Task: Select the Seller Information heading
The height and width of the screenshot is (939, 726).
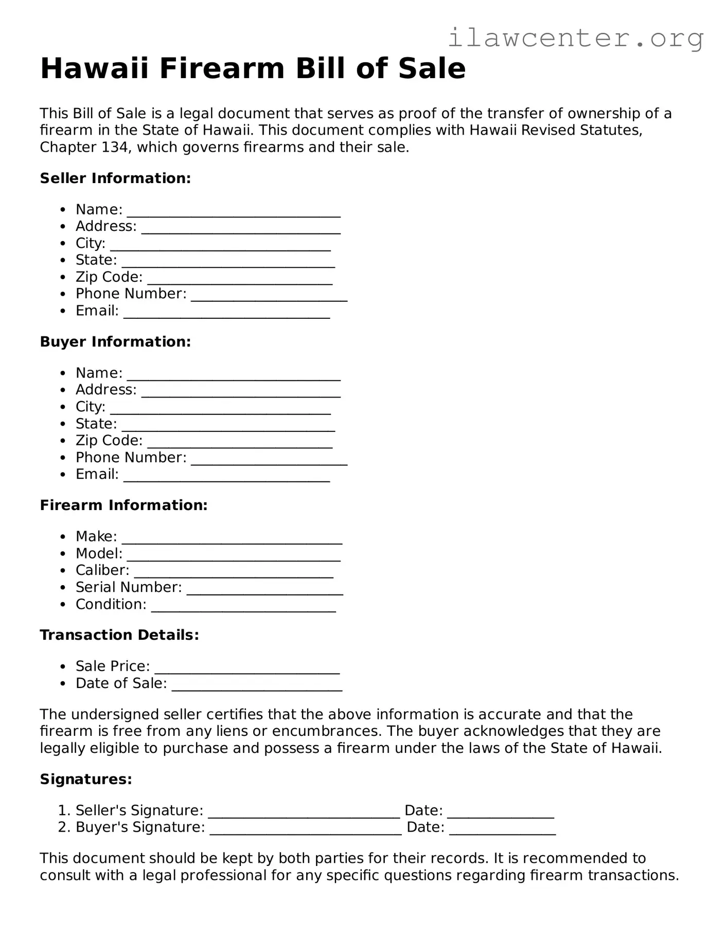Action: [115, 178]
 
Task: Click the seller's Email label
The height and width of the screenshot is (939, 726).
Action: [97, 311]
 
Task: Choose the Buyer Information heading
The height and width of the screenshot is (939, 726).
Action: [115, 342]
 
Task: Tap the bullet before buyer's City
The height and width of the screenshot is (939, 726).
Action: [63, 407]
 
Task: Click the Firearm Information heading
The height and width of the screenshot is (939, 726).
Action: [123, 505]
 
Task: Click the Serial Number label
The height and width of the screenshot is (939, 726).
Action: [129, 587]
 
